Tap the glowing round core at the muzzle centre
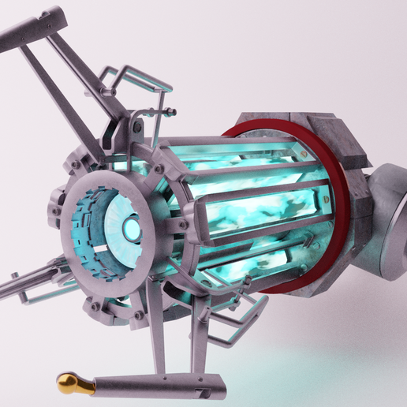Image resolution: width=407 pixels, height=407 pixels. click(x=130, y=229)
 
